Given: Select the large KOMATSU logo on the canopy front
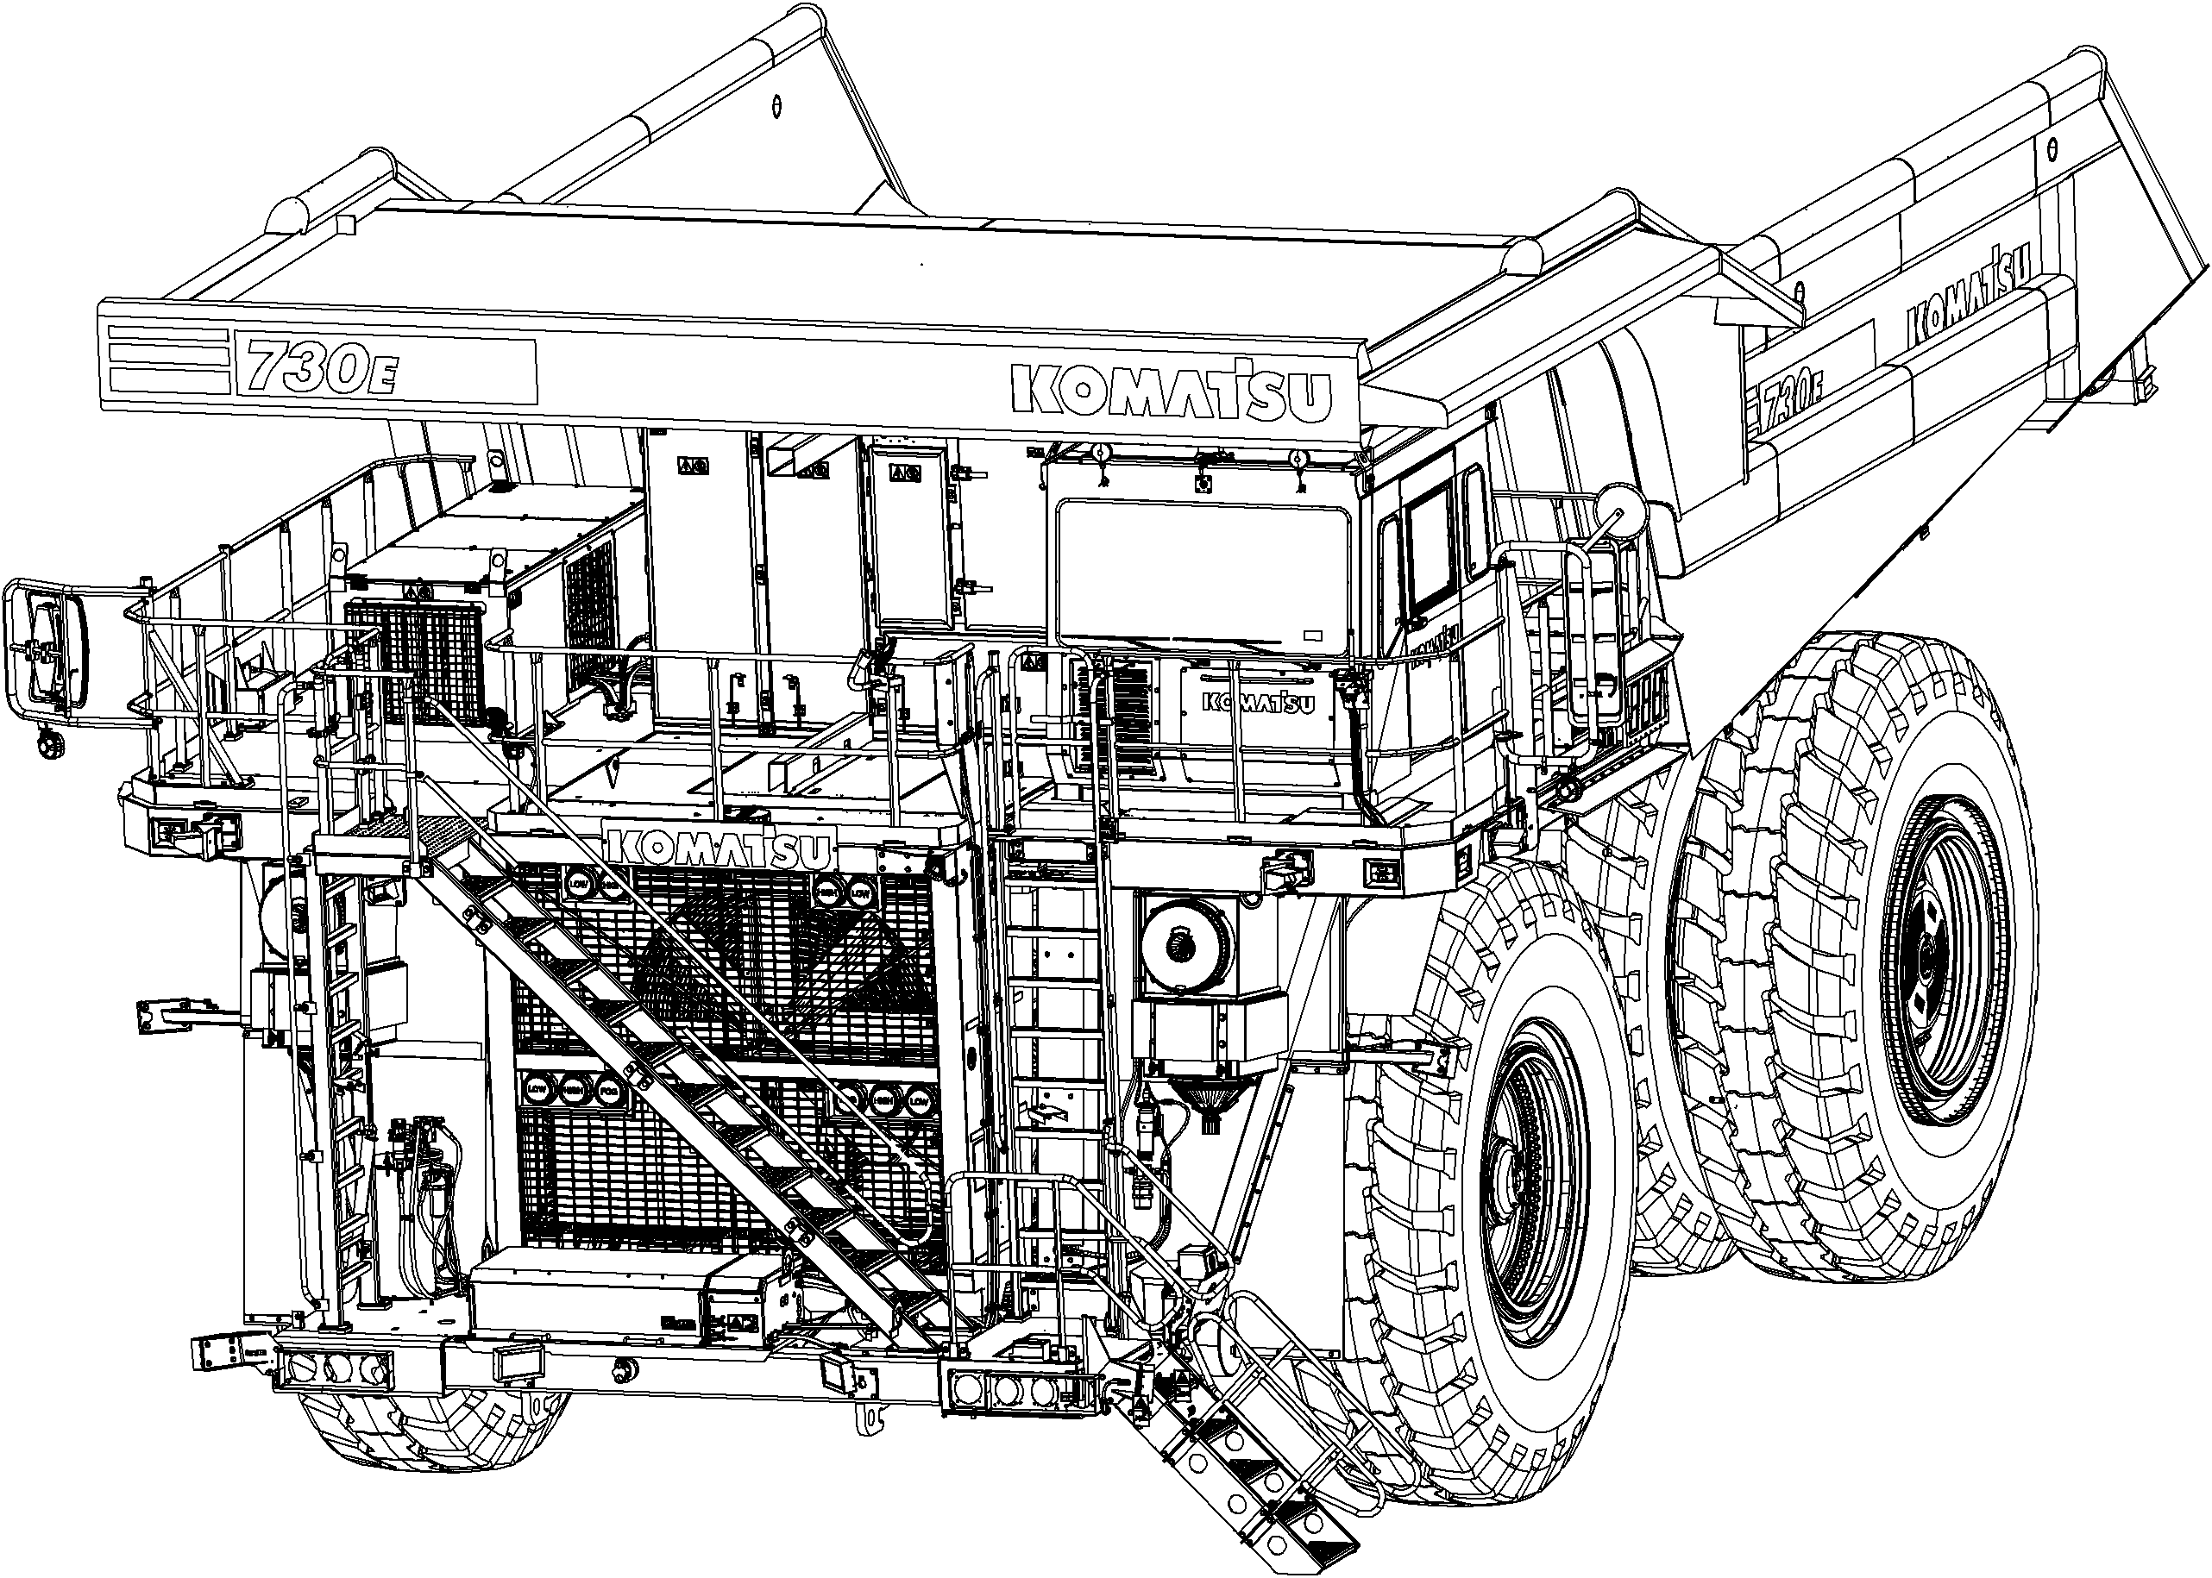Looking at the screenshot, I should (1170, 391).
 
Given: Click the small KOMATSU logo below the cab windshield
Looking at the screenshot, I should (1257, 702).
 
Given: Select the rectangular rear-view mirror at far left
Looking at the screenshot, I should (46, 650).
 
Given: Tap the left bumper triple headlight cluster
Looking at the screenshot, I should (336, 1369).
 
